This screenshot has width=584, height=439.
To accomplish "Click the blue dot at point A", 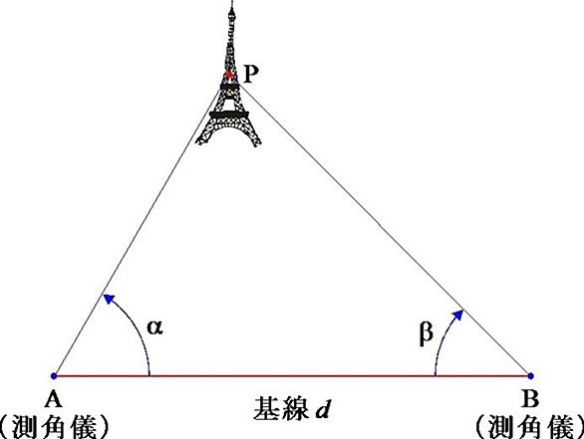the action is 54,375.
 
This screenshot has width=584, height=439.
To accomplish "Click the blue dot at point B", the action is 530,375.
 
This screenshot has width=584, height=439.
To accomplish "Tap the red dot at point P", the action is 229,75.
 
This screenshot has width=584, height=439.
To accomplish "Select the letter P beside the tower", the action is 251,75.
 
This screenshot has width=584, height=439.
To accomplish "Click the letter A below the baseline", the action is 53,399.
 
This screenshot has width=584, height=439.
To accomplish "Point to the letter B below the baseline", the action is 530,399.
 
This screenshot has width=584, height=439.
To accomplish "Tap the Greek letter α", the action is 154,328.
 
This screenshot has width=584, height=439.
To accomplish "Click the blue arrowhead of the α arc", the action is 110,299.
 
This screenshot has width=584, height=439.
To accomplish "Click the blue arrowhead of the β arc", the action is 457,316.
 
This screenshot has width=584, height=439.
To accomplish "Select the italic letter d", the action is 323,409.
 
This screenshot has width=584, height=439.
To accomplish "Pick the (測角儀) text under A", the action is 54,427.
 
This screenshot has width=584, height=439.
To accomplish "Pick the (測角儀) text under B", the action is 529,427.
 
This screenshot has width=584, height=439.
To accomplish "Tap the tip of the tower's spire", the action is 232,1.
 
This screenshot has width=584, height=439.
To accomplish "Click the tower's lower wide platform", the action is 228,114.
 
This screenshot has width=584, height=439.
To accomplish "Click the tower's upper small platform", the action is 229,87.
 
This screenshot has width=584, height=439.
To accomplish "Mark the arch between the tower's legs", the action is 228,129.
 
